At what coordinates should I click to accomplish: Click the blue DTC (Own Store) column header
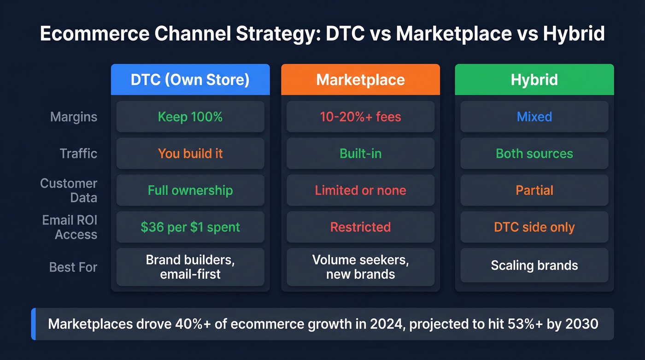[190, 80]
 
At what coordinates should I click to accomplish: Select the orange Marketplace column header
[360, 80]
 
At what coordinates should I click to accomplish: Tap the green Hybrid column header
[534, 80]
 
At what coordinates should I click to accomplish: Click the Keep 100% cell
[190, 117]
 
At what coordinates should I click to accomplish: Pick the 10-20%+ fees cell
[360, 117]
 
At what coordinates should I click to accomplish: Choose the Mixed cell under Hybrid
[534, 117]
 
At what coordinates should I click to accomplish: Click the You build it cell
[190, 153]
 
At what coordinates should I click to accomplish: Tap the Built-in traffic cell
[360, 153]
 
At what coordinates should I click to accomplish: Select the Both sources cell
[534, 153]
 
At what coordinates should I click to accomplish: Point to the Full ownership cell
[190, 190]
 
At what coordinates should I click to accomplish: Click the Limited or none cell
[360, 190]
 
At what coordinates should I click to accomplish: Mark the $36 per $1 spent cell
[190, 227]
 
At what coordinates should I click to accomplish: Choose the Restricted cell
[360, 227]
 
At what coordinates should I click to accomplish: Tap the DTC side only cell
[534, 227]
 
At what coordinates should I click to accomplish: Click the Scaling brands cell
[534, 266]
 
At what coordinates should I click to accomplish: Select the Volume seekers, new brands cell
[360, 267]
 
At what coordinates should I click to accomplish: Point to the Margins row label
[74, 117]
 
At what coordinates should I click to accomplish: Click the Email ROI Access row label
[70, 227]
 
